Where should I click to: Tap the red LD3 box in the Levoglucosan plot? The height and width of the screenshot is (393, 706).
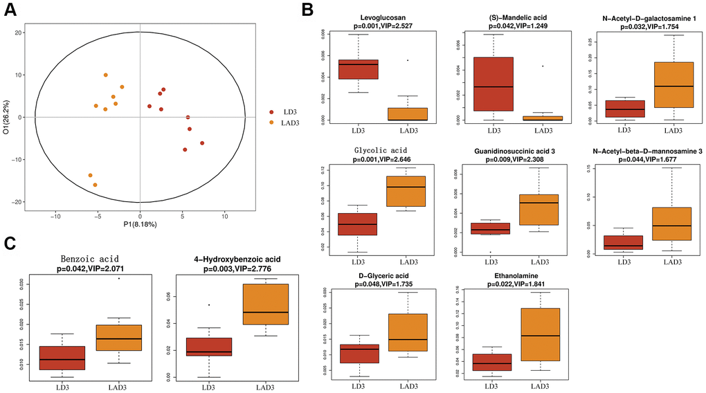pyautogui.click(x=358, y=69)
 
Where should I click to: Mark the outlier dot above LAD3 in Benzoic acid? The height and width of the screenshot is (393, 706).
pyautogui.click(x=119, y=278)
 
